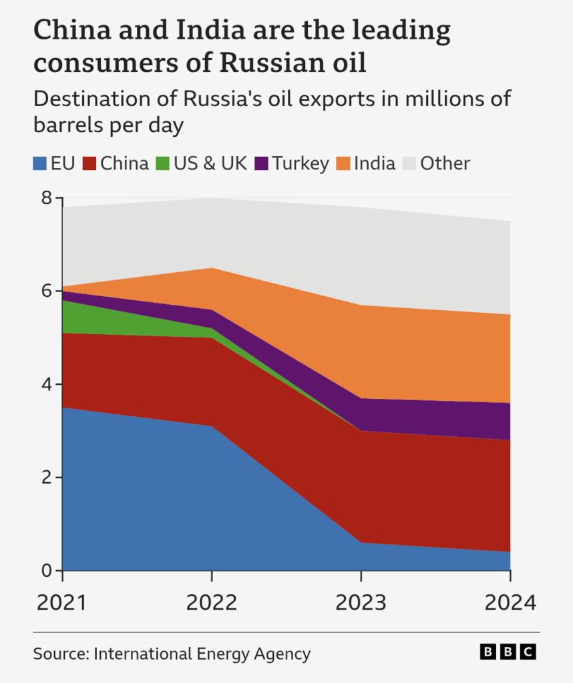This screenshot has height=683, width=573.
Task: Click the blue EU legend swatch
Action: tap(39, 164)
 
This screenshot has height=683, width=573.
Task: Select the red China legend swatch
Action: tap(89, 164)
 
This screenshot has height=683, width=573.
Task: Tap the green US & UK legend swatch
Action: tap(163, 164)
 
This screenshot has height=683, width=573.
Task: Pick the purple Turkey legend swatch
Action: tap(261, 164)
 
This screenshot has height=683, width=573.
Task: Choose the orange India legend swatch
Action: tap(343, 164)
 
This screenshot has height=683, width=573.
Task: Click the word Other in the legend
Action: tap(445, 164)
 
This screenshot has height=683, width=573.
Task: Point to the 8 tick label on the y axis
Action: tap(47, 197)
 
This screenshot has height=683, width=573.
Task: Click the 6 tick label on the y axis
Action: tap(47, 291)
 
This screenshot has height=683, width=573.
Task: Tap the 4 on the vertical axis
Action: tap(47, 384)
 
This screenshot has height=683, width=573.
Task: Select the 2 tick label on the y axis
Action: tap(47, 478)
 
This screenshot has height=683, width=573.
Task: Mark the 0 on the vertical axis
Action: tap(47, 570)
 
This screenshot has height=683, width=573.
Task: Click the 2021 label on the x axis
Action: tap(62, 603)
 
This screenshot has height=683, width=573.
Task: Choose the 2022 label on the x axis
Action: tap(212, 603)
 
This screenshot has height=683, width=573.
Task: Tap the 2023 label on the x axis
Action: tap(361, 603)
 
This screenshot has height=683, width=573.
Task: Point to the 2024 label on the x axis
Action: tap(511, 603)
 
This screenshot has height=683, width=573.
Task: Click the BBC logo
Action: tap(508, 652)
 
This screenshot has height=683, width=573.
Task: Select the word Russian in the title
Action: tap(272, 62)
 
